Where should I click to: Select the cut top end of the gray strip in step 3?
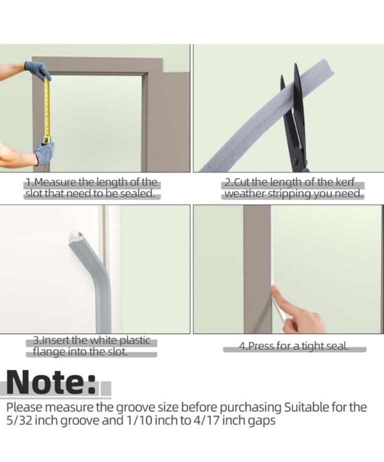coord(76,237)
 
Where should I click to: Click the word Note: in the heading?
coord(52,382)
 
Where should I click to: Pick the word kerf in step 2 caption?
coord(345,182)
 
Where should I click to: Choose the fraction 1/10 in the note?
coord(139,420)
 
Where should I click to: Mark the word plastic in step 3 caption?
coord(135,340)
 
